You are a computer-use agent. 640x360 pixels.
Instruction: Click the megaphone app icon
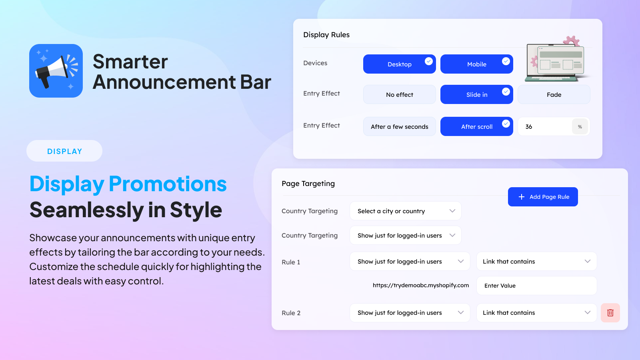56,71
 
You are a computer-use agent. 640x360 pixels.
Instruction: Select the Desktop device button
400,64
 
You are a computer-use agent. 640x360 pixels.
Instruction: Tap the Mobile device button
476,64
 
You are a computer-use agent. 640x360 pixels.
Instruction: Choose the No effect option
400,94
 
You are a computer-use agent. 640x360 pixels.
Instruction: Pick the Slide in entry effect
476,94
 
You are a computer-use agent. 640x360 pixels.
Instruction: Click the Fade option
554,94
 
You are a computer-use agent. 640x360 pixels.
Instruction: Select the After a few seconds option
400,126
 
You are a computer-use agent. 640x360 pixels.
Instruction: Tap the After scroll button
476,126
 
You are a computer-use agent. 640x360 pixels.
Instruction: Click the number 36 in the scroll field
528,126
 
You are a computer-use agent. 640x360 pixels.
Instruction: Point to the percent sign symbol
580,126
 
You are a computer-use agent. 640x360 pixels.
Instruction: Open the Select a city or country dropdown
406,211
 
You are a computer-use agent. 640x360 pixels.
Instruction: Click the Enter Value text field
536,286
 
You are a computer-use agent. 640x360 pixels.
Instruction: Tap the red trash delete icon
610,313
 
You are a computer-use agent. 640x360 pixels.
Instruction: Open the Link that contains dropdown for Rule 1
536,261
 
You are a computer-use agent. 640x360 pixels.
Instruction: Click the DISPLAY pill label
64,151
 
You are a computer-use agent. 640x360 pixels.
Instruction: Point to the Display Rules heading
326,35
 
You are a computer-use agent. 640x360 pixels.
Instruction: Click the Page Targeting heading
308,184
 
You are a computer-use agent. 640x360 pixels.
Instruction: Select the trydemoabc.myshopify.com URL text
420,286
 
